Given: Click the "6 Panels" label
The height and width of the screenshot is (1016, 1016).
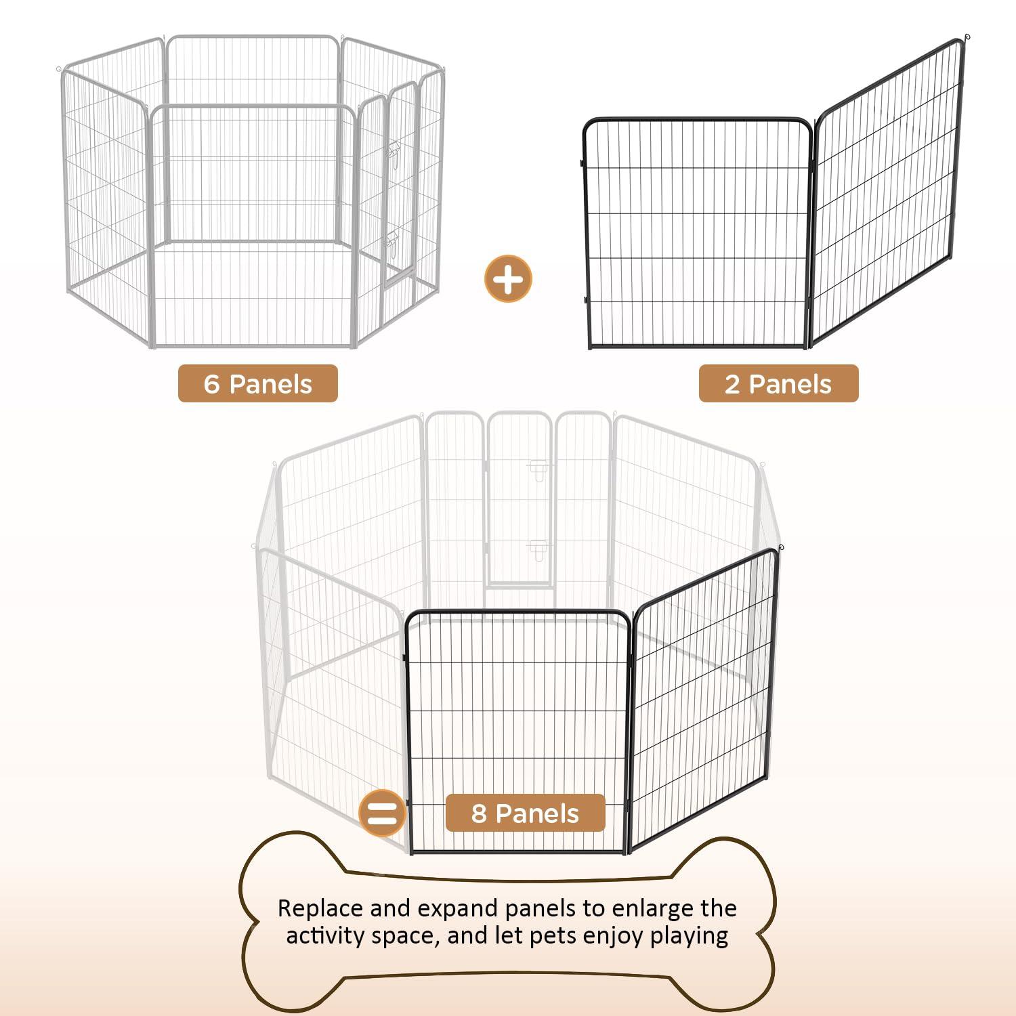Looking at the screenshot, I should click(x=257, y=384).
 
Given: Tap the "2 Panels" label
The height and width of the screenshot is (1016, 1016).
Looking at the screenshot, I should click(x=778, y=384).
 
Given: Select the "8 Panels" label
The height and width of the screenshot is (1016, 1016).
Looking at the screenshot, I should click(x=525, y=813).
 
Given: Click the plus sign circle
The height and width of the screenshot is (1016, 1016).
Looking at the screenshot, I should click(x=509, y=278).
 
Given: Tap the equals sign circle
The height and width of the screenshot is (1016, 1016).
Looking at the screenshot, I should click(x=383, y=813).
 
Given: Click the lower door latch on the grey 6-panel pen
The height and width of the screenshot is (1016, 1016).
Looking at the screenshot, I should click(x=391, y=239).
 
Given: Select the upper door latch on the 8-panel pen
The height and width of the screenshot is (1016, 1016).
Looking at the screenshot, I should click(x=538, y=469).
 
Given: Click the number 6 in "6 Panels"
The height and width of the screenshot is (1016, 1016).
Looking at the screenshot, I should click(x=211, y=384).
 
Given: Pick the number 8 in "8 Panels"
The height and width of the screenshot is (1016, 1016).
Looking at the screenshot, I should click(x=479, y=813).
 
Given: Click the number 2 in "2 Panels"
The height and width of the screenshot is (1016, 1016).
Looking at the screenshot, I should click(x=732, y=384).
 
